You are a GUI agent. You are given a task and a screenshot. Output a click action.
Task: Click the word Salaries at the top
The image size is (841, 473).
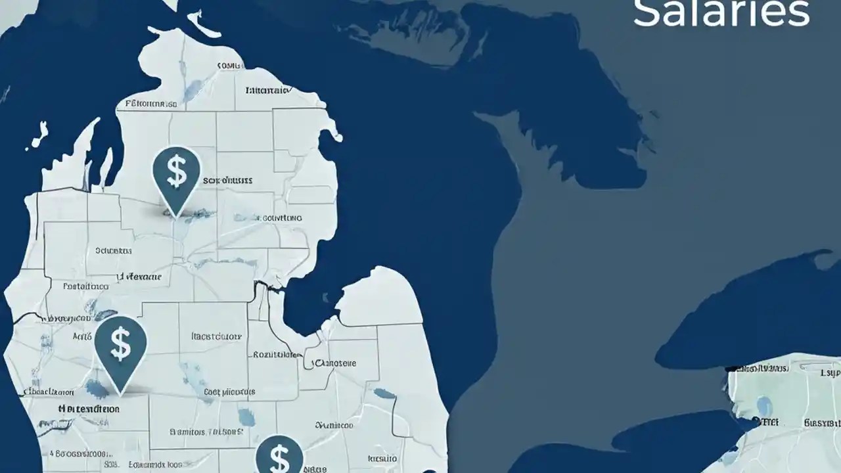[x=721, y=13]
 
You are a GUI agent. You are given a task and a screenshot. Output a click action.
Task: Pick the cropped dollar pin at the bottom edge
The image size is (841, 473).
[x=279, y=455]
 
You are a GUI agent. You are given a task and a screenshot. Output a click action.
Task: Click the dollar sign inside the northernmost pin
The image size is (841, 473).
[x=176, y=169]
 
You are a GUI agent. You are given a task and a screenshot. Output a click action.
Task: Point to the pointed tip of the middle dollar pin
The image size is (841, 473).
[x=121, y=394]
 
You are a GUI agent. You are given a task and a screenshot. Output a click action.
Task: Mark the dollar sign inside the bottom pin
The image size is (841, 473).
[x=280, y=459]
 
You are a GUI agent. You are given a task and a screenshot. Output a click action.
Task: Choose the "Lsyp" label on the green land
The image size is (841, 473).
[x=830, y=372]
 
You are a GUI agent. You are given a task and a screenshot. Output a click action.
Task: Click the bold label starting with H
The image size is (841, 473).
[x=89, y=408]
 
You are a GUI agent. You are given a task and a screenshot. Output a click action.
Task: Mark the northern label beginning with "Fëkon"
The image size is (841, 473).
[x=150, y=104]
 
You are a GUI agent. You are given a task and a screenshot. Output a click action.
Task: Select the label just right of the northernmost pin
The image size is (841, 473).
[x=227, y=179]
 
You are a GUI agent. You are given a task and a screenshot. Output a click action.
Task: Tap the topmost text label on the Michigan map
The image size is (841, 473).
[x=230, y=66]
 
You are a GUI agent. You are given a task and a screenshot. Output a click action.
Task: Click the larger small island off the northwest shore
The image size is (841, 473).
[x=40, y=134]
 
